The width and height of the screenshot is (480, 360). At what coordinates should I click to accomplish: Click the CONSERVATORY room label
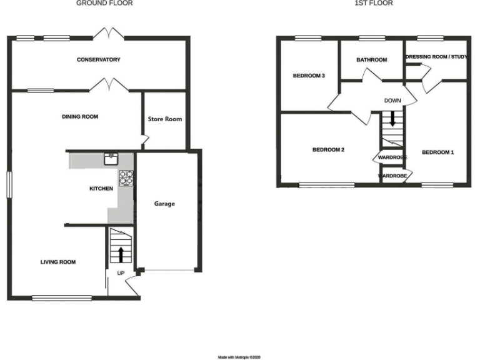click(98, 60)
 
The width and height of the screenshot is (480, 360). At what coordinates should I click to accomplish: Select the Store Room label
click(164, 119)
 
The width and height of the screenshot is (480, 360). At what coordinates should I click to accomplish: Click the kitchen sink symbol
click(111, 157)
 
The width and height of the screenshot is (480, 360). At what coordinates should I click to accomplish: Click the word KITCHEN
click(101, 188)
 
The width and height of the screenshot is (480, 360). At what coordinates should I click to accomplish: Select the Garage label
click(164, 204)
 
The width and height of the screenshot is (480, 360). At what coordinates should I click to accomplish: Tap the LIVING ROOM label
click(58, 262)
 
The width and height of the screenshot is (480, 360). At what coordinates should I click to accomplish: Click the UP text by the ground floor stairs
click(121, 273)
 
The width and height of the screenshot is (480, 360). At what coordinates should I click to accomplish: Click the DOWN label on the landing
click(392, 101)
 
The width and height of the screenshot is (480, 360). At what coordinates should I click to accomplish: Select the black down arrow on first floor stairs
click(392, 119)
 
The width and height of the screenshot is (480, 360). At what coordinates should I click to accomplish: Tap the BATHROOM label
click(371, 60)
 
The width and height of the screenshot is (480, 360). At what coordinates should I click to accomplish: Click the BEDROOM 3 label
click(309, 76)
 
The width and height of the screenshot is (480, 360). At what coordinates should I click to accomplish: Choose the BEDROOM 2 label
click(329, 150)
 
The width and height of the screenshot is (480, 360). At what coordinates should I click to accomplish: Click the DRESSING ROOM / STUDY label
click(437, 57)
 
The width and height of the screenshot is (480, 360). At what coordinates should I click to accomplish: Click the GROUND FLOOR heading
click(104, 3)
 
